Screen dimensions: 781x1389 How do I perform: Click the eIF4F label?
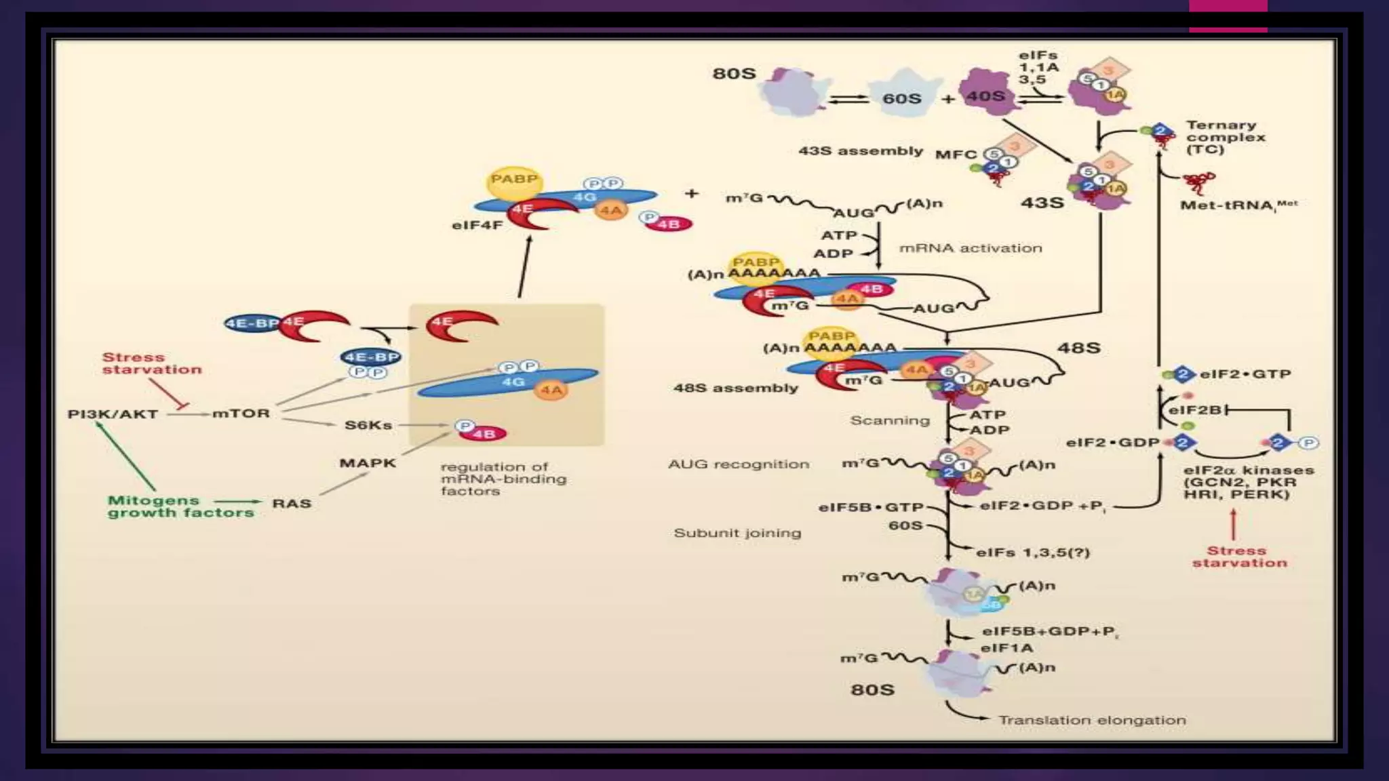477,224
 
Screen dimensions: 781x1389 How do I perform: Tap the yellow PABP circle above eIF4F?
514,181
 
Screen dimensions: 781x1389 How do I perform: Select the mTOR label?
241,413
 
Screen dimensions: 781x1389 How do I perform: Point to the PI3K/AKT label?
113,414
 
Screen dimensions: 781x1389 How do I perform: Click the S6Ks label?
368,425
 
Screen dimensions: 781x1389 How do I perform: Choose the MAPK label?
368,463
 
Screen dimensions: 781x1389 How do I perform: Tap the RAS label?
292,503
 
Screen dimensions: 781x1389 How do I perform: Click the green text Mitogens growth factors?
180,506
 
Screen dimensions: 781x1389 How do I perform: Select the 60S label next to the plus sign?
901,98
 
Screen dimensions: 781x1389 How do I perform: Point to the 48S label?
1079,348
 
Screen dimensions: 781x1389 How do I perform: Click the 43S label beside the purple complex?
1042,202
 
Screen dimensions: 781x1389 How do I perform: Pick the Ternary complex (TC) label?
1226,137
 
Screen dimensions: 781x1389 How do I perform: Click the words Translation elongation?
1092,720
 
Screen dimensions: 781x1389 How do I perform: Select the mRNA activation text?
971,248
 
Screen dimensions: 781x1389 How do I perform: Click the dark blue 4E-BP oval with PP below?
370,357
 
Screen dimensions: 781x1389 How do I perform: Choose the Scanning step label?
890,420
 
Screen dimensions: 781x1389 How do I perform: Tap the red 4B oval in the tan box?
484,433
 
